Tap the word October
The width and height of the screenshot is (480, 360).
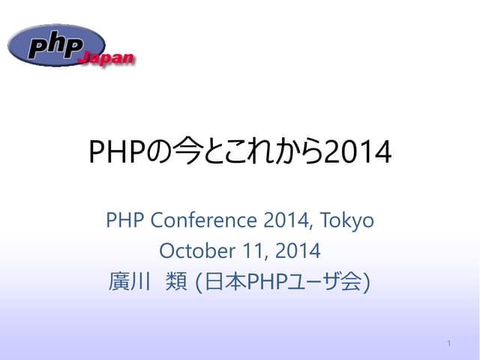click(x=191, y=249)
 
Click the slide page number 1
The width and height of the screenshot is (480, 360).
click(x=448, y=343)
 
